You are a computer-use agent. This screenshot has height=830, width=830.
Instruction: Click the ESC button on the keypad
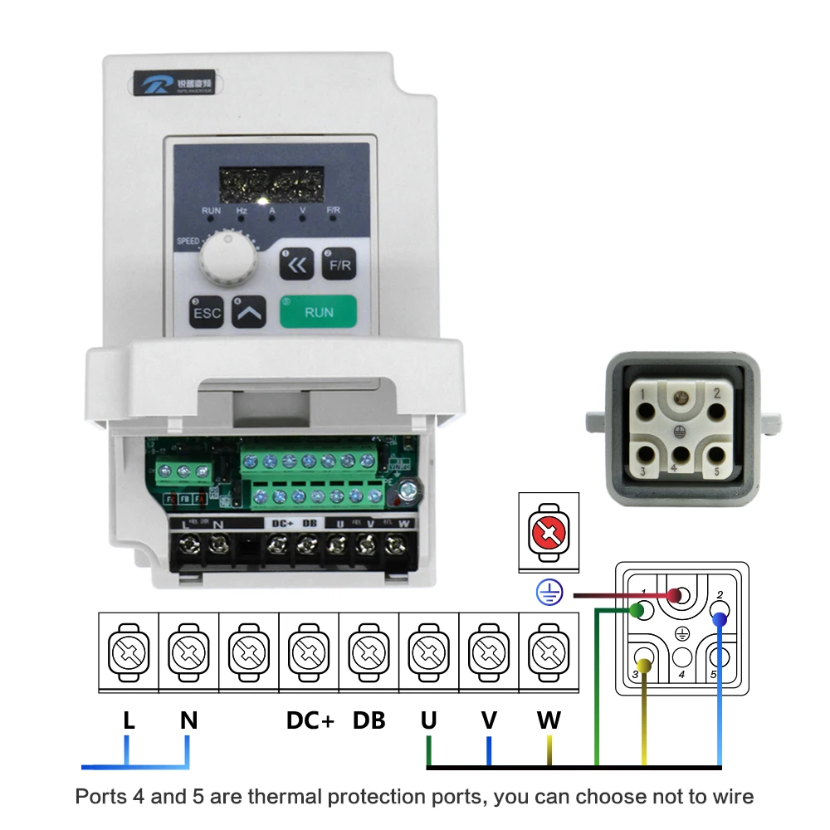(x=207, y=313)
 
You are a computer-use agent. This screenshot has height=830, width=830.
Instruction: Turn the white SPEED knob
(x=222, y=256)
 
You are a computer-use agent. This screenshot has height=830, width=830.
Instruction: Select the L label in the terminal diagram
(x=129, y=720)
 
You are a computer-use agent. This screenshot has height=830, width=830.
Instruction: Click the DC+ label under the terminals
(x=310, y=720)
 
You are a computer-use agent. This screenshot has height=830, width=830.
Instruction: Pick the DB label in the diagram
(x=369, y=720)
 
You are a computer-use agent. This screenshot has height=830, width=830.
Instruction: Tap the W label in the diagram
(x=549, y=720)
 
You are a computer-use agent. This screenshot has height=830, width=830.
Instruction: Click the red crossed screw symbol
(x=547, y=532)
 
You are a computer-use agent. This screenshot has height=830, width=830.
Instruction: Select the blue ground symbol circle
(x=549, y=592)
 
